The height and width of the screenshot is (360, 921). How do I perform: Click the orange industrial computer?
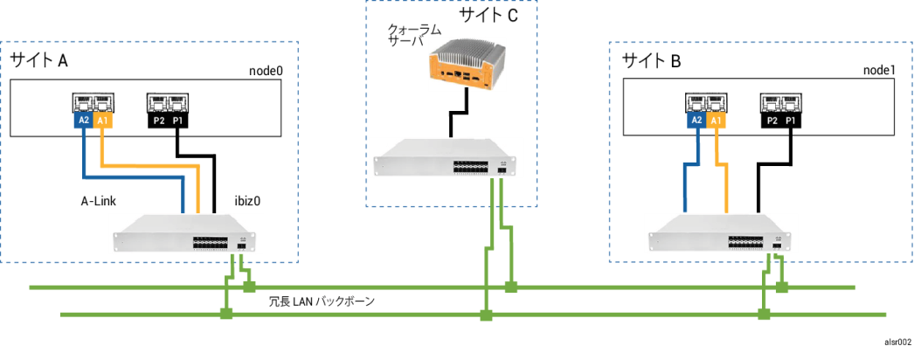click(x=466, y=64)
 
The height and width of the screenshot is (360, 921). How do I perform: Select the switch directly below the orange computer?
click(x=446, y=158)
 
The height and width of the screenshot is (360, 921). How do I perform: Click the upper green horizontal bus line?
click(x=367, y=287)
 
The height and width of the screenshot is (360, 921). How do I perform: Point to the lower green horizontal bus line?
click(x=367, y=315)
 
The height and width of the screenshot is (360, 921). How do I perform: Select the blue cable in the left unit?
click(x=131, y=178)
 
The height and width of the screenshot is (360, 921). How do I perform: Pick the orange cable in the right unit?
click(x=726, y=183)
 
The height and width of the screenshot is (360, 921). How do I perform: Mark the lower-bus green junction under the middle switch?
click(x=486, y=315)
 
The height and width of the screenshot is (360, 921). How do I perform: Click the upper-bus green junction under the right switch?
click(x=781, y=287)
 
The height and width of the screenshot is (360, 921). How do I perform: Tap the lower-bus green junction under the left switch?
click(x=226, y=314)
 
